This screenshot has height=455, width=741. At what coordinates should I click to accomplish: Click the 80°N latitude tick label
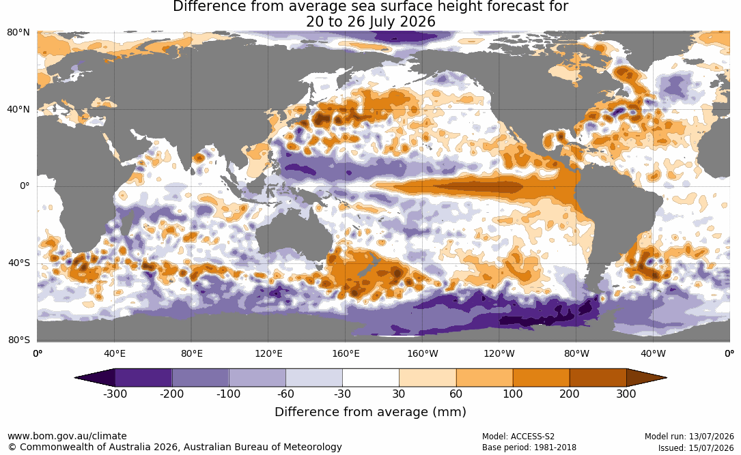(x=18, y=33)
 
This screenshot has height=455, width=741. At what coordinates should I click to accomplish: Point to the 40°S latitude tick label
(x=19, y=263)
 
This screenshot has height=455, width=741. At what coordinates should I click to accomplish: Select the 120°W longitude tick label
(x=499, y=353)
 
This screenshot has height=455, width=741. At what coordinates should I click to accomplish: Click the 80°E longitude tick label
(x=191, y=353)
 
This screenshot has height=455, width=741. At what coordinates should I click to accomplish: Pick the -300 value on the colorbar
(x=115, y=394)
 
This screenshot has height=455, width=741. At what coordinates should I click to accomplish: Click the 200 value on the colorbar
(x=570, y=394)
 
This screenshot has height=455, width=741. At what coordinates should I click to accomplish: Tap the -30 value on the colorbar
(x=342, y=394)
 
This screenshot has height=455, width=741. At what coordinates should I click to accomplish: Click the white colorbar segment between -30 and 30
(x=371, y=378)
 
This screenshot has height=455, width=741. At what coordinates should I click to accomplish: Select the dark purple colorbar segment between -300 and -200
(x=143, y=378)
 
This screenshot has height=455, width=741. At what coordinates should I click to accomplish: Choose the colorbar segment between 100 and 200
(x=541, y=378)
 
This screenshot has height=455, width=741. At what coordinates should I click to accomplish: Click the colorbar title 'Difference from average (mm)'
(x=370, y=412)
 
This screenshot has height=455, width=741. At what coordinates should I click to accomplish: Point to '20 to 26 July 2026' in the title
(x=370, y=22)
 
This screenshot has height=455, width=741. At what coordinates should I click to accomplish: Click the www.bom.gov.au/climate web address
(x=67, y=436)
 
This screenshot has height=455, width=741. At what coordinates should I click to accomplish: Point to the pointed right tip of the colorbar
(x=667, y=378)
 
